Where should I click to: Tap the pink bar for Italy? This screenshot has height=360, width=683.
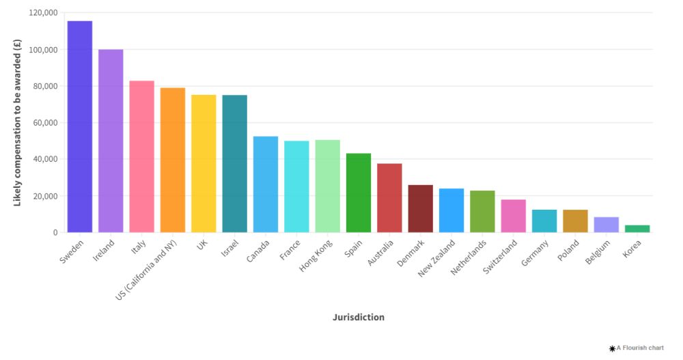point(141,156)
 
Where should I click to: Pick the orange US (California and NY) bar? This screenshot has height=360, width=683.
point(173,160)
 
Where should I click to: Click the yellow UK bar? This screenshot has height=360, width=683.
point(204,163)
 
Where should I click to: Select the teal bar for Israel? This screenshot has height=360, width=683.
point(234,163)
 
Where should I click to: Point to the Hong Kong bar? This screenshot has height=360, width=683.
point(327,186)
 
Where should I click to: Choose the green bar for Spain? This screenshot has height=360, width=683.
point(359,193)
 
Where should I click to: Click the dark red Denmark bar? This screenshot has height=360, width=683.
point(420,208)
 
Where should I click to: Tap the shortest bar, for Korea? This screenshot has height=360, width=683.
point(637,229)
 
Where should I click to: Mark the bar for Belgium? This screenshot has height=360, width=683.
point(606,225)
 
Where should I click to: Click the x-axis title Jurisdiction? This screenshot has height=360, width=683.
point(359,317)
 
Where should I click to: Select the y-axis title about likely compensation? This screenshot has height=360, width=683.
point(17,124)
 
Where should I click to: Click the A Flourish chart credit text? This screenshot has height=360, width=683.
point(639,348)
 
